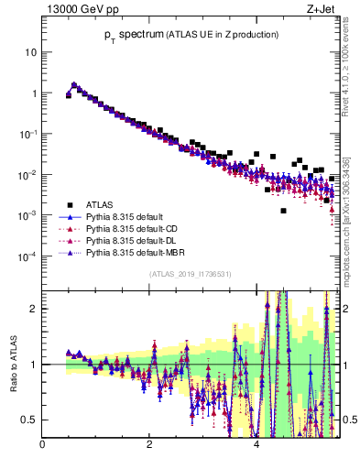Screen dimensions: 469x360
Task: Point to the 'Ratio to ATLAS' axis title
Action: pyautogui.click(x=15, y=365)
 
